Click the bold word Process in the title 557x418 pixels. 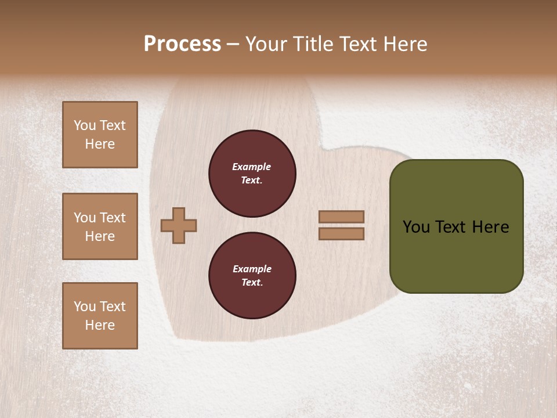point(182,44)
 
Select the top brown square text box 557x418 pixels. point(100,135)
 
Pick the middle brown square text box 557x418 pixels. point(100,226)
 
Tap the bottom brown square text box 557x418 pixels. point(100,316)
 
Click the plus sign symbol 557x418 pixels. point(179,225)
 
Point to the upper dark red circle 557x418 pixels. point(252,174)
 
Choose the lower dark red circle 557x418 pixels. point(252,276)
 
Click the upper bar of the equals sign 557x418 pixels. point(342,217)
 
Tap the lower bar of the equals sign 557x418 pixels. point(342,233)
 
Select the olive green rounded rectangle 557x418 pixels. point(457,226)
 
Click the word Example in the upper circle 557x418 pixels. point(252,167)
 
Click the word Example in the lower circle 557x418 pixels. point(252,269)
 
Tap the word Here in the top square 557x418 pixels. point(100,144)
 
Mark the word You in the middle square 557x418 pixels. point(84,218)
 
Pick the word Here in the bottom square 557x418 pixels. point(100,325)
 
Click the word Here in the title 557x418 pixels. point(405,44)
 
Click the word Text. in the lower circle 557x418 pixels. point(252,283)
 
